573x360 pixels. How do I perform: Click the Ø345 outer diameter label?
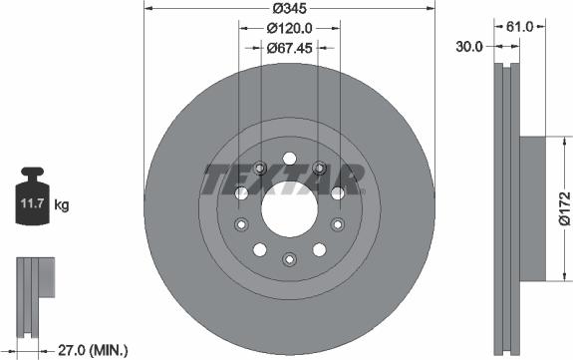288,9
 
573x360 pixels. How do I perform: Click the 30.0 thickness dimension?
470,46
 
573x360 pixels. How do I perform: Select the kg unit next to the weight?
62,206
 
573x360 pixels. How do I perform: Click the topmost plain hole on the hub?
288,157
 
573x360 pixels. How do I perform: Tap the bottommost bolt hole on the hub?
288,260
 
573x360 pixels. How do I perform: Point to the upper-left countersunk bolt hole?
259,167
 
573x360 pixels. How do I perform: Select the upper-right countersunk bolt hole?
319,167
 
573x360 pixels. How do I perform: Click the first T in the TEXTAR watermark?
217,180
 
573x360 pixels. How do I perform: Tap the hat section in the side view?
532,207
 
